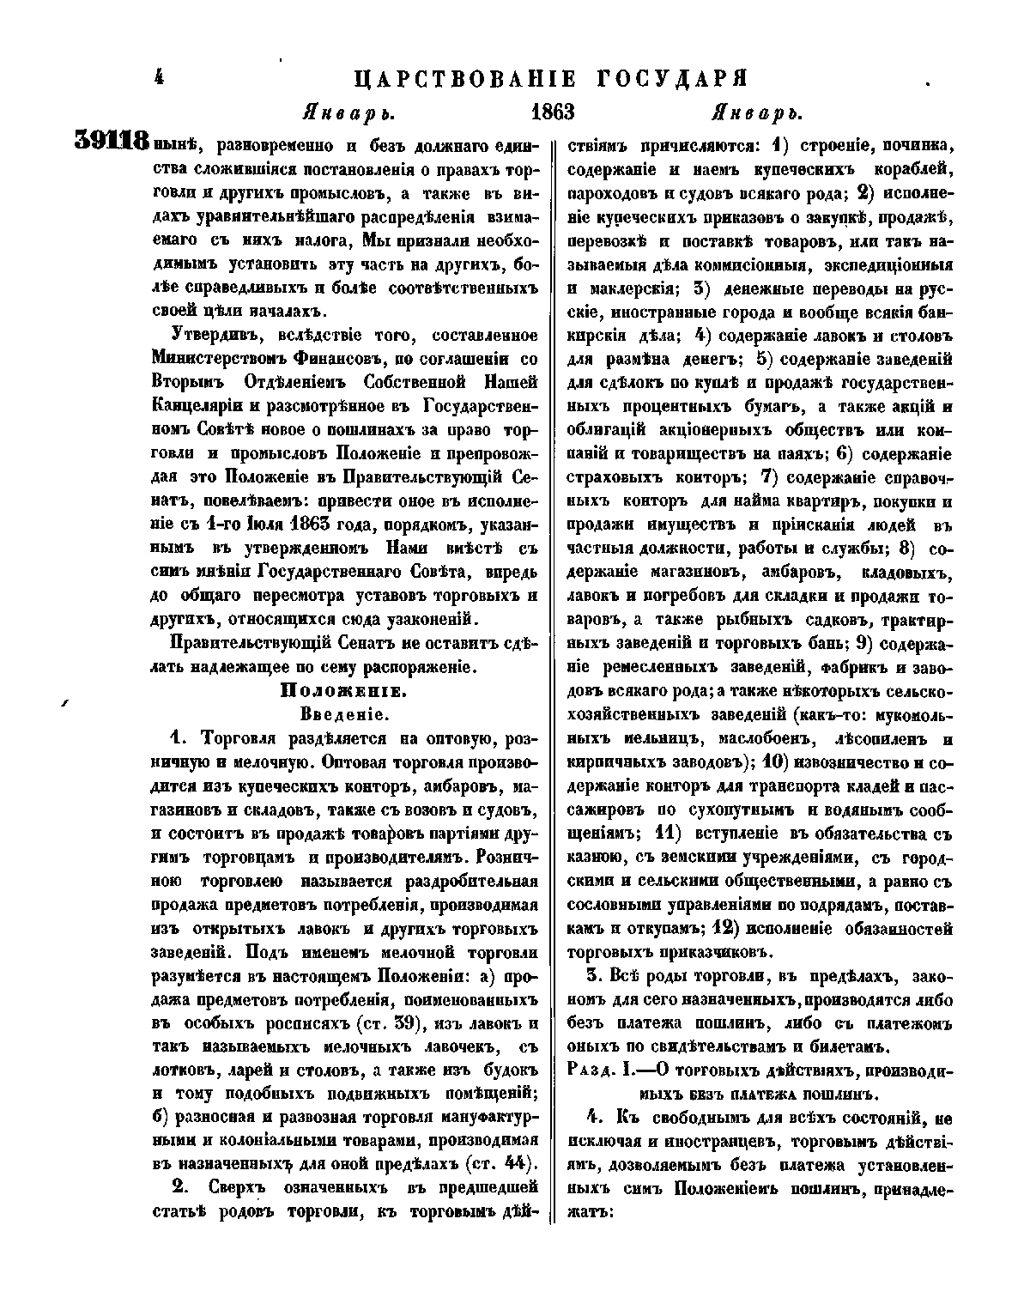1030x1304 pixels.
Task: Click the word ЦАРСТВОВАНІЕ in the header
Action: pyautogui.click(x=464, y=80)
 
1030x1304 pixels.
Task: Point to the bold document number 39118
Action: pyautogui.click(x=112, y=141)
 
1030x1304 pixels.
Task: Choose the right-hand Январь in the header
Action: pyautogui.click(x=756, y=113)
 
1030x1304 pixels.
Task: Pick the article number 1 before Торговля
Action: pyautogui.click(x=177, y=738)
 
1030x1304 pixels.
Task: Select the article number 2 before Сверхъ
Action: pyautogui.click(x=179, y=1188)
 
